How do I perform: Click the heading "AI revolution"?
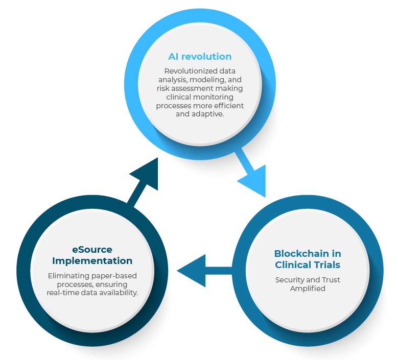tap(200, 56)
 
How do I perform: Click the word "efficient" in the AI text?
tap(228, 105)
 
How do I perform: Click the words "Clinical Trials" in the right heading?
tap(308, 265)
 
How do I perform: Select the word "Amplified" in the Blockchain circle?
tap(308, 289)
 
